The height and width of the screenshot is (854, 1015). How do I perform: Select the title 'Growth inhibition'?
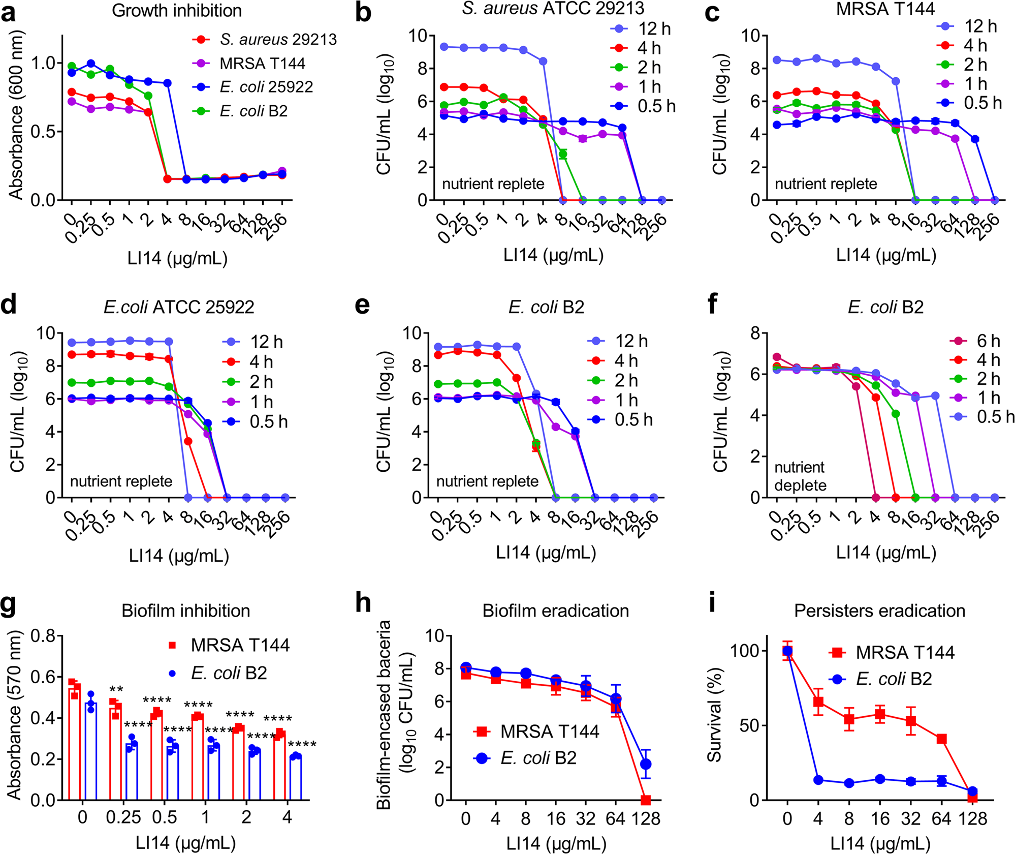tap(177, 10)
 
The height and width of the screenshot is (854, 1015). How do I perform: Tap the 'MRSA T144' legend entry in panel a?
tap(262, 64)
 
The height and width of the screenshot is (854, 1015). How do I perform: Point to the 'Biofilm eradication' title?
tap(555, 611)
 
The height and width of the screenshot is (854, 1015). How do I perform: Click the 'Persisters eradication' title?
tap(879, 611)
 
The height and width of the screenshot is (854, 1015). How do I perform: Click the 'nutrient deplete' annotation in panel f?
tap(800, 476)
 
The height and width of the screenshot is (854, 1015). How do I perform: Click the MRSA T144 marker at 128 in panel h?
tap(646, 800)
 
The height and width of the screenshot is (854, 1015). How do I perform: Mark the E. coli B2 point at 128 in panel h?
tap(646, 764)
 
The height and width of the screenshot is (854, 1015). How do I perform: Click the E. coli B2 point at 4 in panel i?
tap(818, 780)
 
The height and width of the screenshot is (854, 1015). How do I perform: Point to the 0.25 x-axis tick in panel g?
tap(123, 817)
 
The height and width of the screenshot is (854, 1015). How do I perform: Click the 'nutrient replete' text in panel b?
tap(493, 184)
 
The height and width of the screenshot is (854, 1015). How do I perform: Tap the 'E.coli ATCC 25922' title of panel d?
tap(179, 307)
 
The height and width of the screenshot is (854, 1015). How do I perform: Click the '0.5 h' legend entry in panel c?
tap(982, 103)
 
